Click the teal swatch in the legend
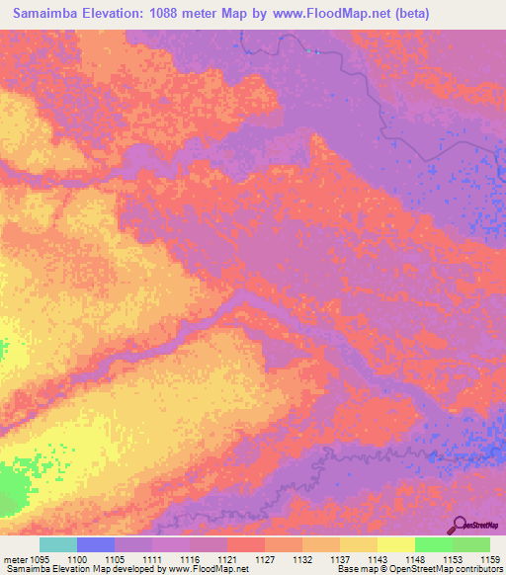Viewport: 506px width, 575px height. point(57,544)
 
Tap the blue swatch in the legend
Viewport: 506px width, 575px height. point(95,544)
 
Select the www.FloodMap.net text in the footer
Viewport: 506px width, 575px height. point(207,570)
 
